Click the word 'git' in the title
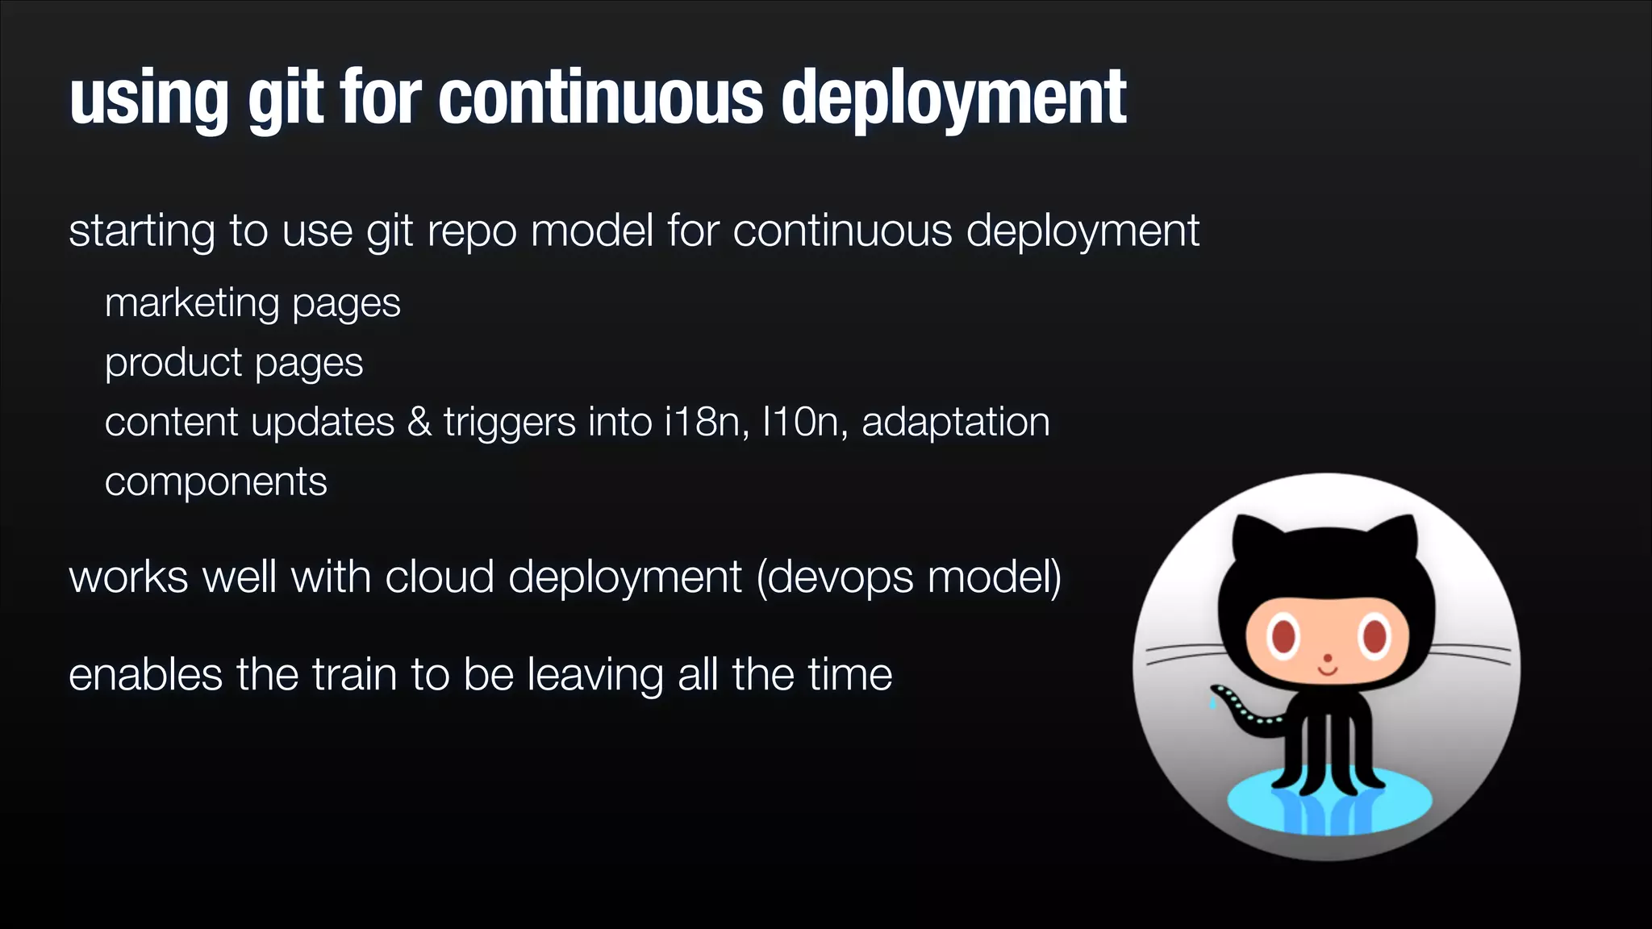click(x=286, y=98)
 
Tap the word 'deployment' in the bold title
click(x=953, y=98)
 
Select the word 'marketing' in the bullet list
click(x=191, y=303)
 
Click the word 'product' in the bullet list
click(x=173, y=363)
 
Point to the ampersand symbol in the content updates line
click(x=419, y=422)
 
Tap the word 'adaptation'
click(x=956, y=422)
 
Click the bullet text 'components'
click(x=215, y=482)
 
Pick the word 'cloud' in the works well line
click(x=440, y=577)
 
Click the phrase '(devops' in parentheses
click(x=836, y=577)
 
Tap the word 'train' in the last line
click(x=354, y=674)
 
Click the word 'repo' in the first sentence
click(x=471, y=231)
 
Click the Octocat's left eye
click(x=1283, y=635)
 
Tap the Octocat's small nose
click(x=1327, y=658)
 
